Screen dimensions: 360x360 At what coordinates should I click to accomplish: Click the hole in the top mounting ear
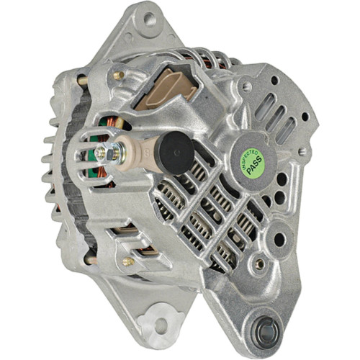point(150,19)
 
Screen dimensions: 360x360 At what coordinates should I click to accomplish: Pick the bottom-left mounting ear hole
point(159,326)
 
